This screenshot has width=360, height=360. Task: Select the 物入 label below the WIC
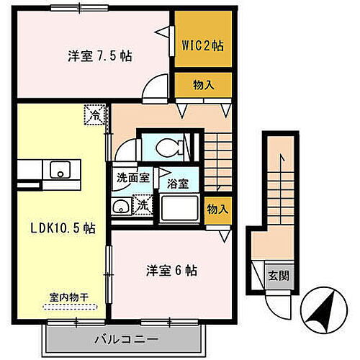coord(203,85)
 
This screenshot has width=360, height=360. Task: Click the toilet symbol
coord(170,147)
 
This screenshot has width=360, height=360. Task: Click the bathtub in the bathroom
coord(180,209)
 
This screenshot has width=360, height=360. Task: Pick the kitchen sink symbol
coord(57,170)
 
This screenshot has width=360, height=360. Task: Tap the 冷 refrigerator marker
coord(94,114)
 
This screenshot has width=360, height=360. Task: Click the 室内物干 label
coord(70,297)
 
